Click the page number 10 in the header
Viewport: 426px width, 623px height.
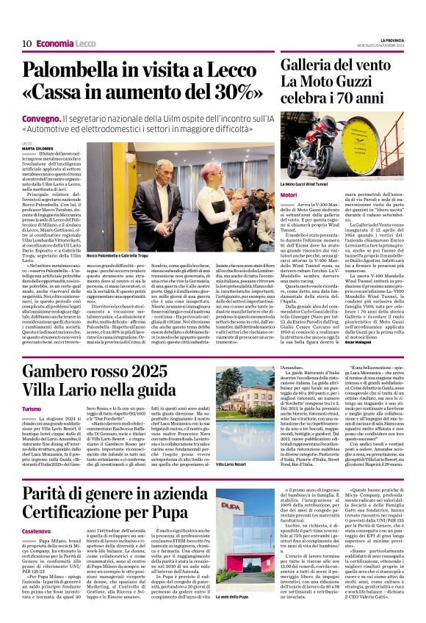[x=26, y=43]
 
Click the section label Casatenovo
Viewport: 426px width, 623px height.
[x=37, y=531]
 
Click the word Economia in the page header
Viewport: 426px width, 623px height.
[x=54, y=43]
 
